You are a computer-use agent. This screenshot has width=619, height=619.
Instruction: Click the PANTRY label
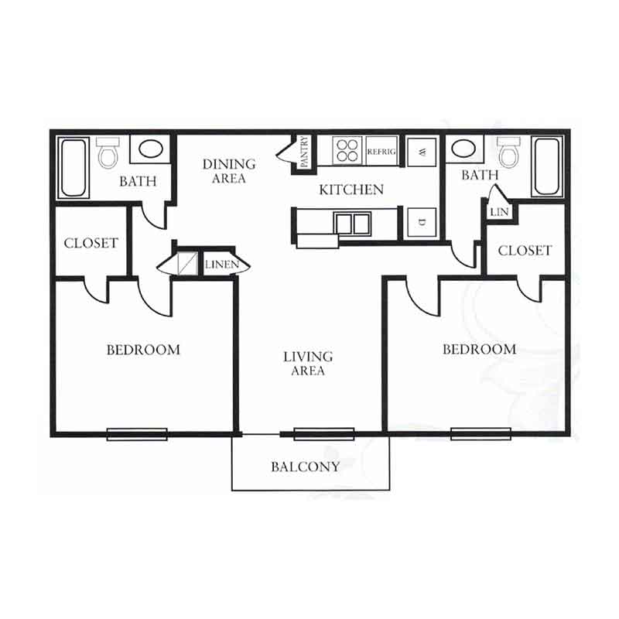click(x=304, y=152)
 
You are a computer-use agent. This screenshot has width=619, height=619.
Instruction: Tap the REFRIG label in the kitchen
click(x=381, y=152)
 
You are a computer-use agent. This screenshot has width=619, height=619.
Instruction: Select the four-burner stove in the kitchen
click(x=347, y=150)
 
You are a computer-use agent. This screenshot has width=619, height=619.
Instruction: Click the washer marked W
click(x=422, y=152)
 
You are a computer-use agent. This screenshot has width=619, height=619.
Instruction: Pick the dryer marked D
click(x=422, y=222)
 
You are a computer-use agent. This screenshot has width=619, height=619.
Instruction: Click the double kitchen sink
click(x=352, y=224)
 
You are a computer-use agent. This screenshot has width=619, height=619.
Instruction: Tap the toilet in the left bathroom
click(x=108, y=152)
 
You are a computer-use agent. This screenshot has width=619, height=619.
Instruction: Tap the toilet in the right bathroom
click(x=510, y=152)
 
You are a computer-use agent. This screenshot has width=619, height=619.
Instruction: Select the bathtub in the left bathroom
click(x=74, y=167)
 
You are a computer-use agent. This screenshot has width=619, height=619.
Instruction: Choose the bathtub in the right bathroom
click(x=547, y=166)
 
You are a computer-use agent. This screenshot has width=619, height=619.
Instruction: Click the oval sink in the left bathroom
click(x=150, y=149)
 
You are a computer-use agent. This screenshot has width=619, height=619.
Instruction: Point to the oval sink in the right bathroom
click(x=463, y=149)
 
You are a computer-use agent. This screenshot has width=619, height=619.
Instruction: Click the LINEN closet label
click(x=222, y=264)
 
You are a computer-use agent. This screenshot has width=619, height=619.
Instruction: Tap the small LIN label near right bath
click(x=499, y=212)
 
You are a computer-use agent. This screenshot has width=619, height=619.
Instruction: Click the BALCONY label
click(x=305, y=467)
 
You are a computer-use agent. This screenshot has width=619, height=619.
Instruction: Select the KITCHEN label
click(x=351, y=190)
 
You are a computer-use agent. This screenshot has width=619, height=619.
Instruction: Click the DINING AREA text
click(x=229, y=171)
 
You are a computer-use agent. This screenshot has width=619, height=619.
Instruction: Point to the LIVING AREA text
click(x=308, y=363)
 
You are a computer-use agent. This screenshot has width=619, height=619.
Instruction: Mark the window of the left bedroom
click(x=137, y=434)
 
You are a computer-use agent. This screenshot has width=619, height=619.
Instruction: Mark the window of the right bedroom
click(x=480, y=433)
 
